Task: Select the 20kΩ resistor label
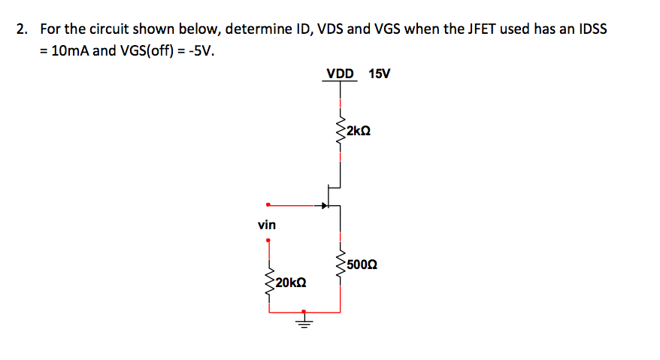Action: pos(290,283)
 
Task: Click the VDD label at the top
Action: pos(340,74)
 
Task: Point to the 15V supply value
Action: pos(380,74)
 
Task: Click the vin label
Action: pos(266,225)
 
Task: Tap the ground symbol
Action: pos(304,323)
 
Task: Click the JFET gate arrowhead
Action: pos(325,204)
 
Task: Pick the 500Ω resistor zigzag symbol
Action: pos(341,265)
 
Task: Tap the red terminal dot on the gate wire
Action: pos(268,204)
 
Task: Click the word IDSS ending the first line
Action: pos(592,30)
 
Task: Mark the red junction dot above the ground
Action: pos(304,310)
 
